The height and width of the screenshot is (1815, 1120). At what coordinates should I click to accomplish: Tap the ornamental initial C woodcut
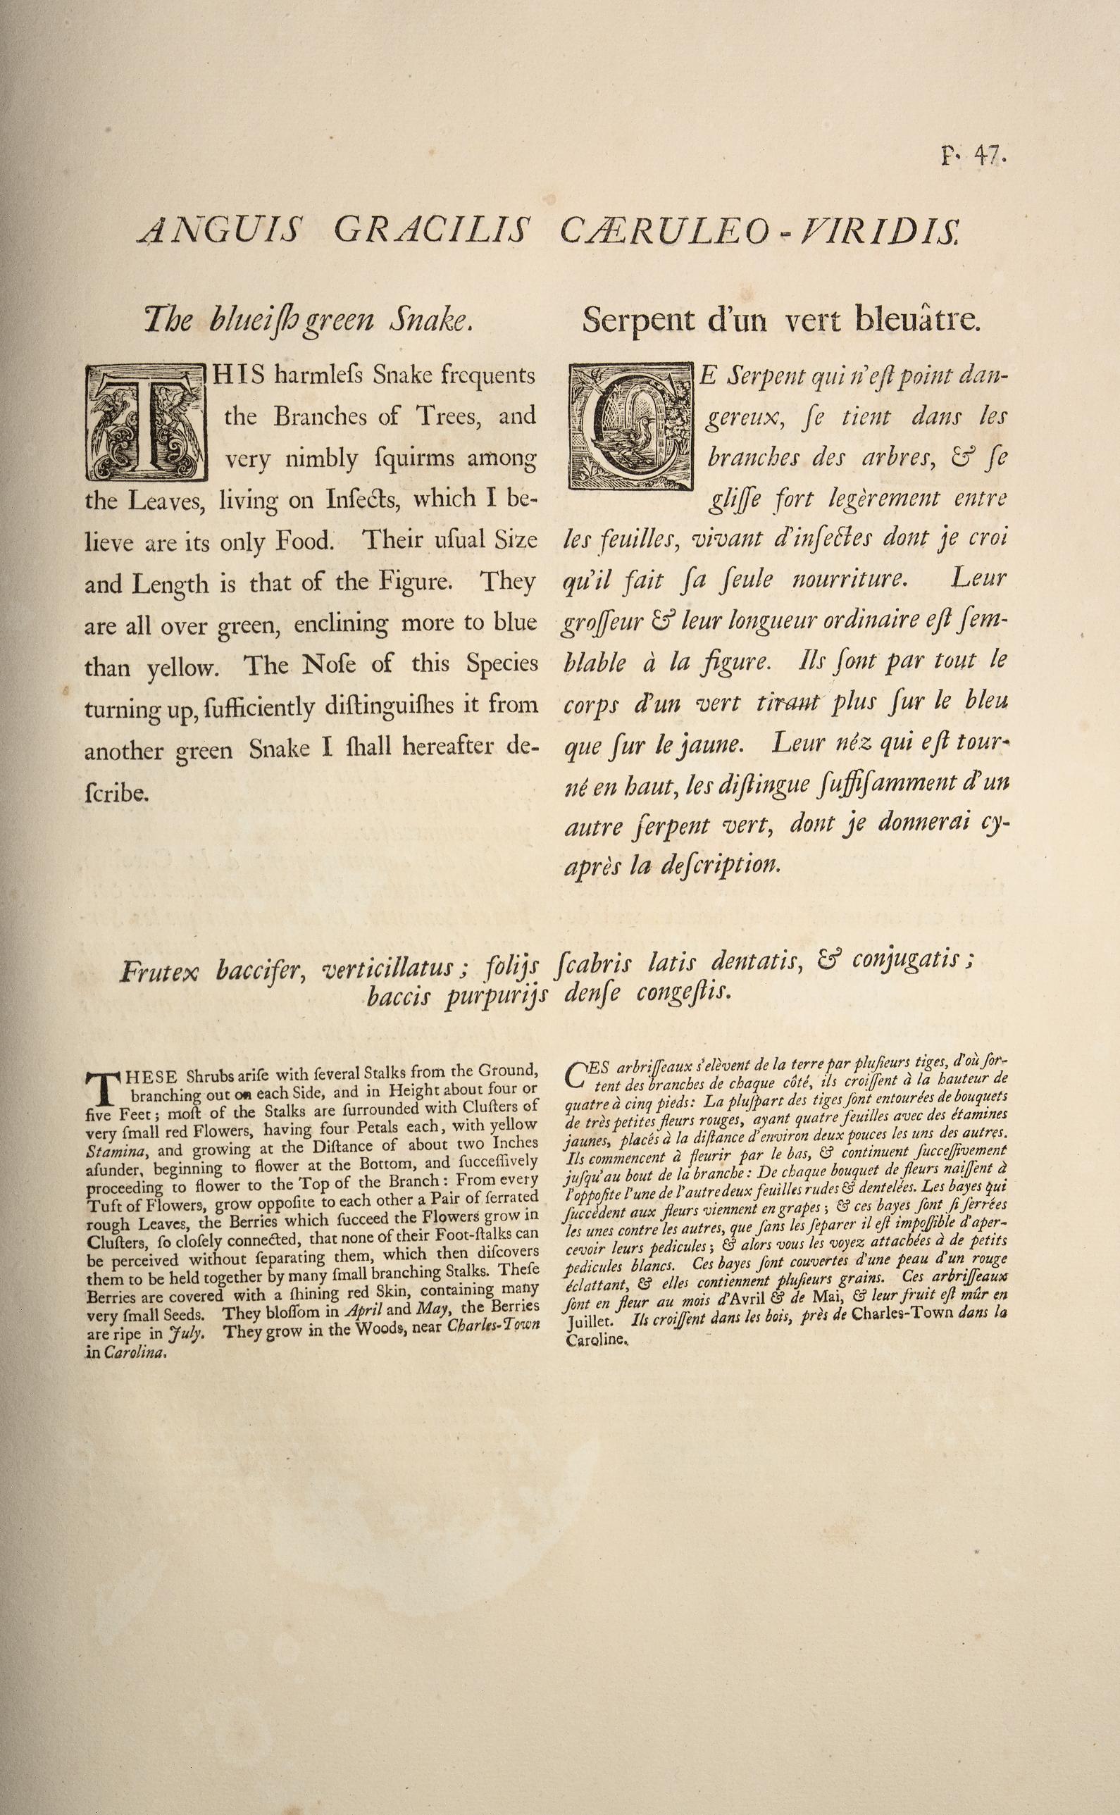click(632, 428)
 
